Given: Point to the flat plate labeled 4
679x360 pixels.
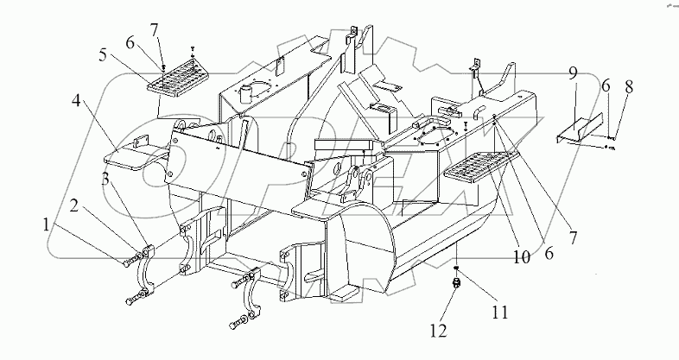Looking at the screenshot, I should [130, 155].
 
